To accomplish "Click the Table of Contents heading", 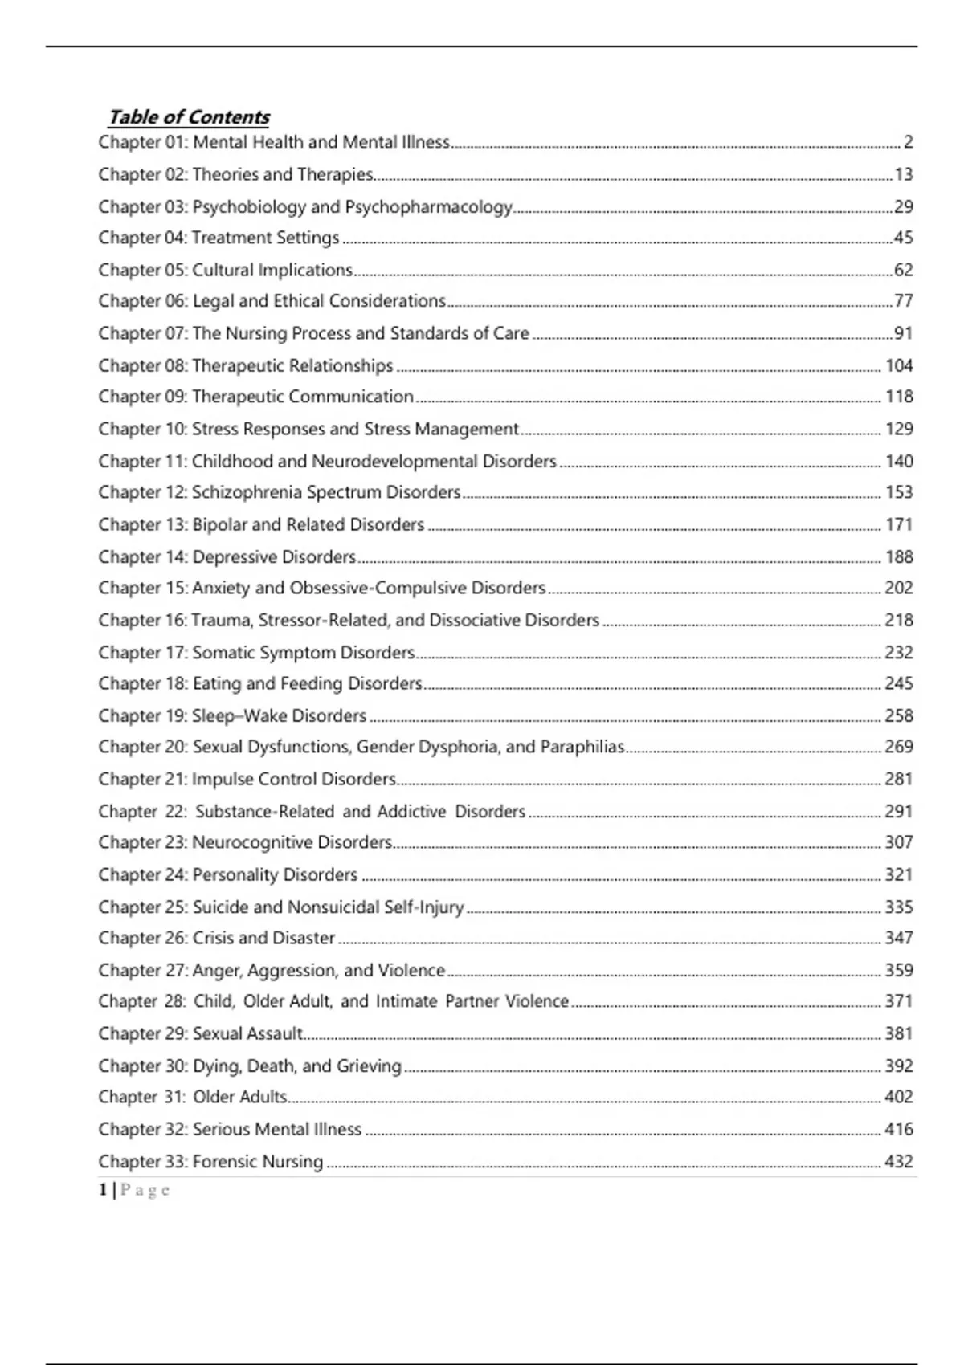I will [x=189, y=117].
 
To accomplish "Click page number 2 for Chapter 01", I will [x=908, y=142].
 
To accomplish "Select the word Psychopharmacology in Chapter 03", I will [x=428, y=206].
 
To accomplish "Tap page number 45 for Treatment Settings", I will [x=904, y=238].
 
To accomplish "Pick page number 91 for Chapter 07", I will [x=904, y=333].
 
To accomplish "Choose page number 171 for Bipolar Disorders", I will [x=899, y=524].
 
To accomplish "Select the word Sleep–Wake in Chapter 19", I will [x=239, y=715].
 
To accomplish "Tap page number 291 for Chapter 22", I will [x=899, y=811].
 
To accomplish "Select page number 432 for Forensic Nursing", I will [x=899, y=1161].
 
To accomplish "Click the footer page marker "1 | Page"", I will [x=134, y=1190].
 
